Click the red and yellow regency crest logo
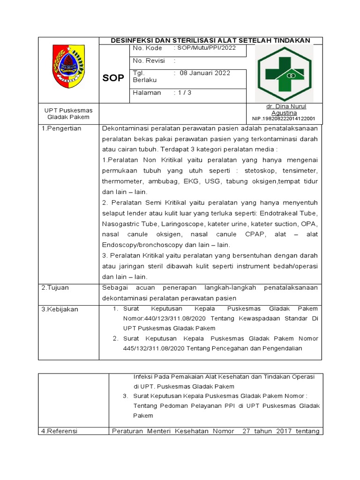(x=68, y=67)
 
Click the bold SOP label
(x=113, y=78)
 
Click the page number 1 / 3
(x=184, y=93)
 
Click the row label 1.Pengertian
(x=61, y=128)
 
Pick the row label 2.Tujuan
(x=55, y=287)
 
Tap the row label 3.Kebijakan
(x=60, y=309)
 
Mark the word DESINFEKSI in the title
(x=132, y=41)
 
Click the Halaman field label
(x=147, y=93)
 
